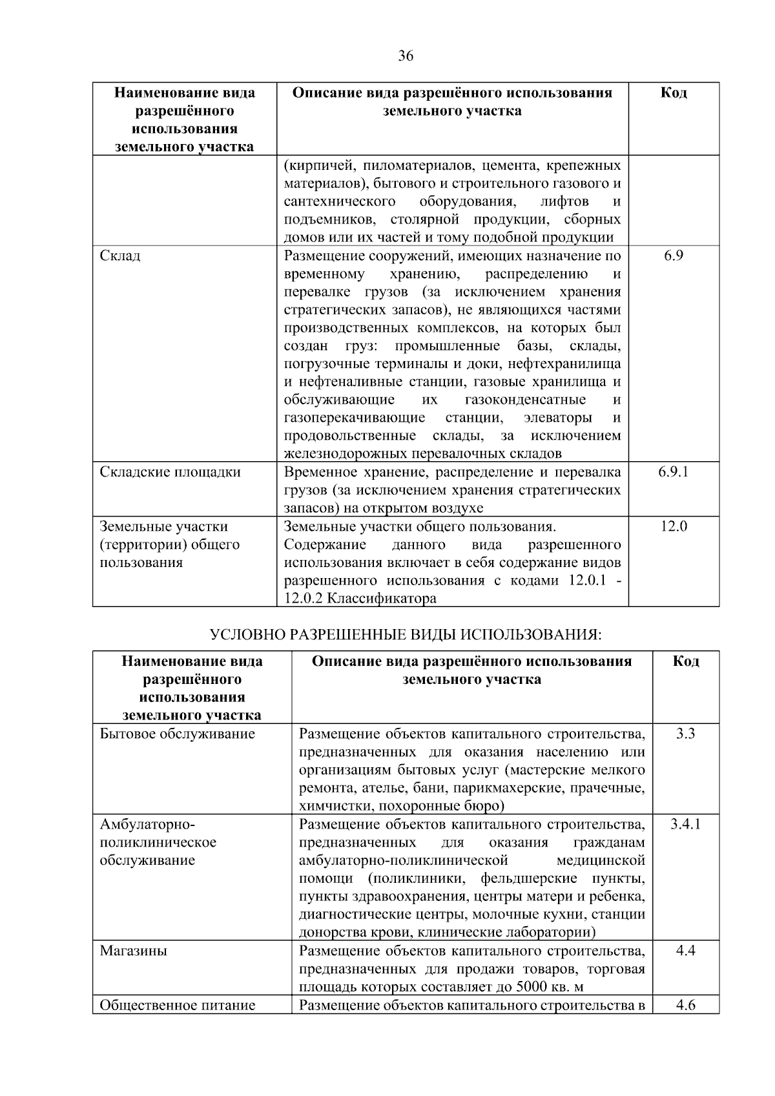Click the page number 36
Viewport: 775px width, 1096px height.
405,56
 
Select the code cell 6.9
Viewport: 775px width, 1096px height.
674,256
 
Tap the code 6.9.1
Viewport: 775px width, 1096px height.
674,472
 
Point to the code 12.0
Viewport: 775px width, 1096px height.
674,526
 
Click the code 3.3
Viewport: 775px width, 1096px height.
685,734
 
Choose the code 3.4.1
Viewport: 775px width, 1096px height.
685,824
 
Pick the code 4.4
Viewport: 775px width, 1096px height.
685,951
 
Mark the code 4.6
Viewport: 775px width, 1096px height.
685,1005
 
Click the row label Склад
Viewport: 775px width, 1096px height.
120,256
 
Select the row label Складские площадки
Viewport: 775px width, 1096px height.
170,472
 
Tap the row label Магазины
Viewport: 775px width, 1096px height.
133,951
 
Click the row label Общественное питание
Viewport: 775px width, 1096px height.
178,1005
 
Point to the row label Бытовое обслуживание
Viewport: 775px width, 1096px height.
178,734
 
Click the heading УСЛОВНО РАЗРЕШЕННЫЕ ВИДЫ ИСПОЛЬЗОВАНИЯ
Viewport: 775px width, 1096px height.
405,635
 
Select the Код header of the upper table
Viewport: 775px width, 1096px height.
674,93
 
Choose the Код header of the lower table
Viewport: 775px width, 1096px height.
685,661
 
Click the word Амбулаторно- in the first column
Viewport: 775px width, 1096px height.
147,825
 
